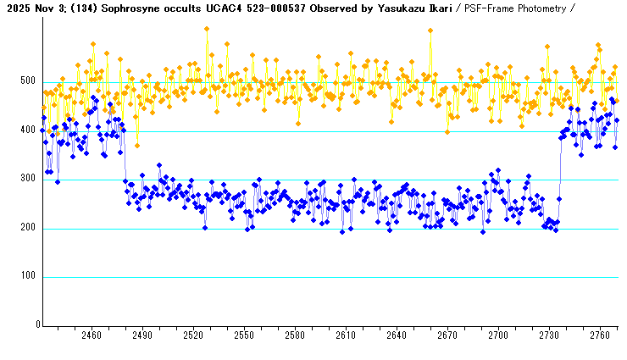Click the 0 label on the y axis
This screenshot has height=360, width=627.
pos(37,325)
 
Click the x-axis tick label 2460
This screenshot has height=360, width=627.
pos(92,335)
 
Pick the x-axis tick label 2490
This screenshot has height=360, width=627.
pos(142,335)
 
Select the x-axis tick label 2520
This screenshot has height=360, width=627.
pos(193,335)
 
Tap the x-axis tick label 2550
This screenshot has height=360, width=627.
pos(244,335)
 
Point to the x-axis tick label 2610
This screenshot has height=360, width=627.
pos(346,335)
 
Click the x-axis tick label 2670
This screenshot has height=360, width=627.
pos(447,335)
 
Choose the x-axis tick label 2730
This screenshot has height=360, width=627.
pos(549,335)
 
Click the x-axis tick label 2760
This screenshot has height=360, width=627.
pos(600,335)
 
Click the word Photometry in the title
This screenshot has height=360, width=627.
pos(535,8)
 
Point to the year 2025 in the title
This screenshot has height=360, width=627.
pos(14,8)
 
